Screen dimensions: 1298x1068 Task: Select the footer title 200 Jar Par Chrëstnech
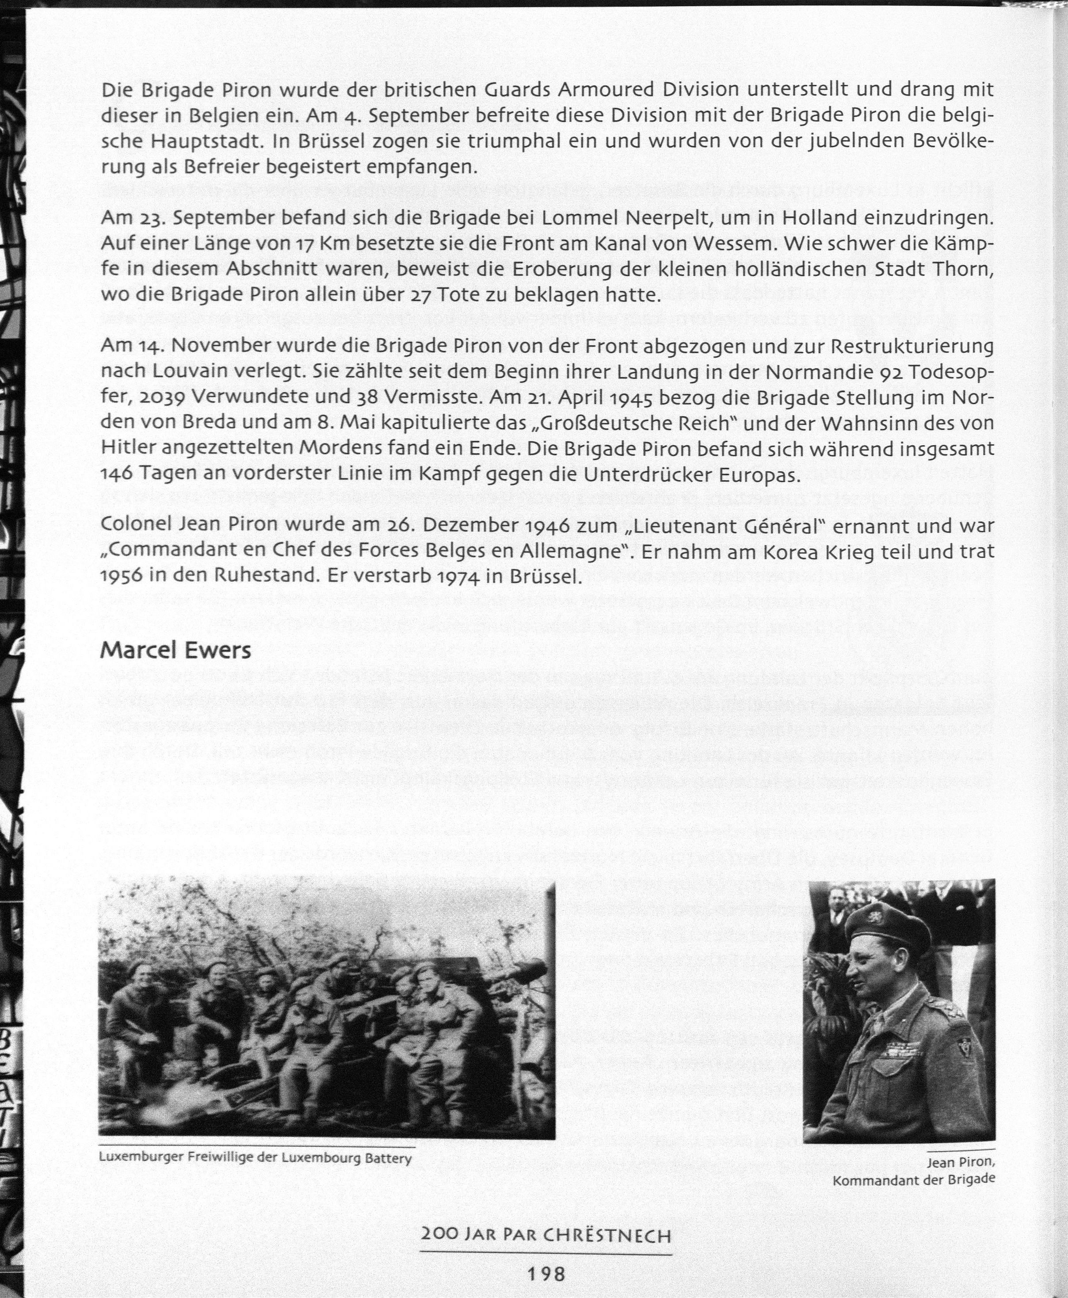click(545, 1235)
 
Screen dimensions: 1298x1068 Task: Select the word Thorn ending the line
click(962, 269)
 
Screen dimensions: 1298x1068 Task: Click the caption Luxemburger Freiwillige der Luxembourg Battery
click(255, 1158)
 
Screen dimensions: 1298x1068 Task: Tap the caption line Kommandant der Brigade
click(914, 1180)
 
